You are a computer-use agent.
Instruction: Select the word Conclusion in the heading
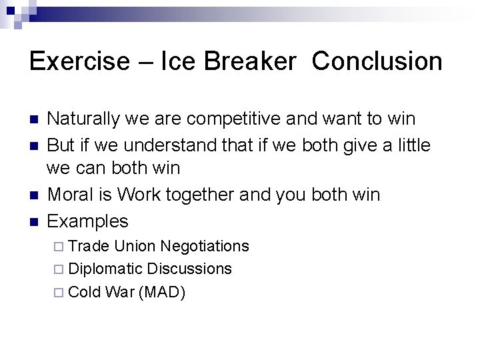pyautogui.click(x=377, y=61)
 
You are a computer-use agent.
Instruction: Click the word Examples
pyautogui.click(x=88, y=221)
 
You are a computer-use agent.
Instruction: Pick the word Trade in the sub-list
pyautogui.click(x=89, y=246)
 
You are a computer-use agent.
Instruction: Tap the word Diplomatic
pyautogui.click(x=105, y=269)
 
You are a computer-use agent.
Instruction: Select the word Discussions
pyautogui.click(x=189, y=269)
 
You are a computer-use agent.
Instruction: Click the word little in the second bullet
pyautogui.click(x=413, y=145)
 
